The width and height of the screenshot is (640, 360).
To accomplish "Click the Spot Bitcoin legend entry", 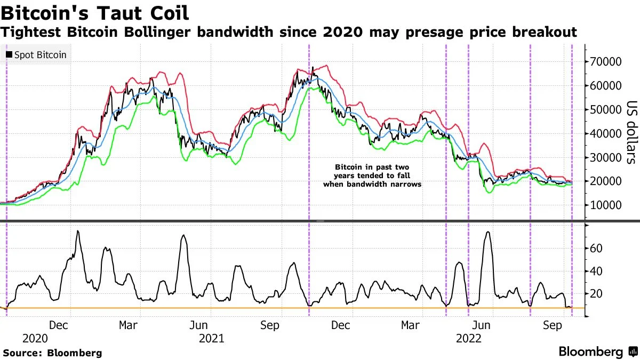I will pos(36,54).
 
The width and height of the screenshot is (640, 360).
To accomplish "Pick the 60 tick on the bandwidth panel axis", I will pos(596,249).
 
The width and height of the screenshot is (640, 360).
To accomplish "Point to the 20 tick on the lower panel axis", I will pos(596,294).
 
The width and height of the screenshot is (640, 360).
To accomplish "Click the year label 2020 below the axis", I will pos(35,338).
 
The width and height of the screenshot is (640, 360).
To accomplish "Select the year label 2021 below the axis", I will pos(211,338).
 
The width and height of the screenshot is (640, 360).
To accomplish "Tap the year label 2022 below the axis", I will pos(468,338).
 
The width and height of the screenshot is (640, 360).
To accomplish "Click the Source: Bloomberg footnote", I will pos(52,353).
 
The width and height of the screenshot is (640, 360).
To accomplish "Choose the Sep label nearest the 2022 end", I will pos(553,325).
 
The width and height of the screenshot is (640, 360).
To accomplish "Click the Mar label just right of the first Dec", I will pos(129,325).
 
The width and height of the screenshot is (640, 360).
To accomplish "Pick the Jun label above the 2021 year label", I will pos(199,325).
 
